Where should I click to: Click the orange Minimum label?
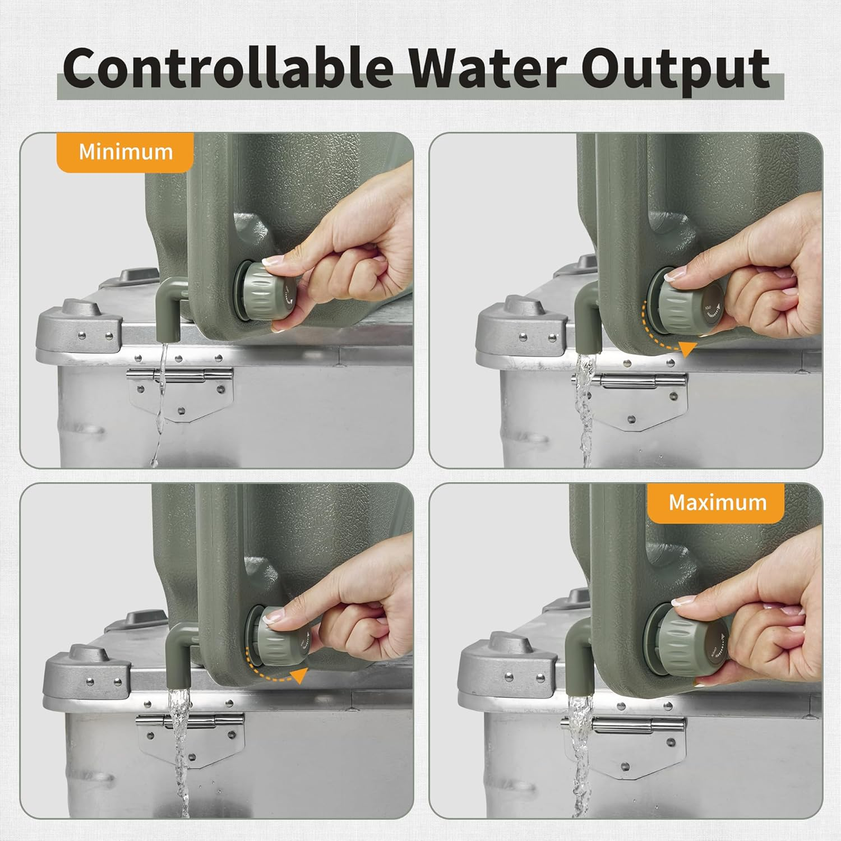pyautogui.click(x=126, y=152)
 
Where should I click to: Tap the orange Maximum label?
pyautogui.click(x=717, y=502)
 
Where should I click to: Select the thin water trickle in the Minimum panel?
pyautogui.click(x=161, y=392)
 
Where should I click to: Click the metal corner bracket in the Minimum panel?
pyautogui.click(x=78, y=331)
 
